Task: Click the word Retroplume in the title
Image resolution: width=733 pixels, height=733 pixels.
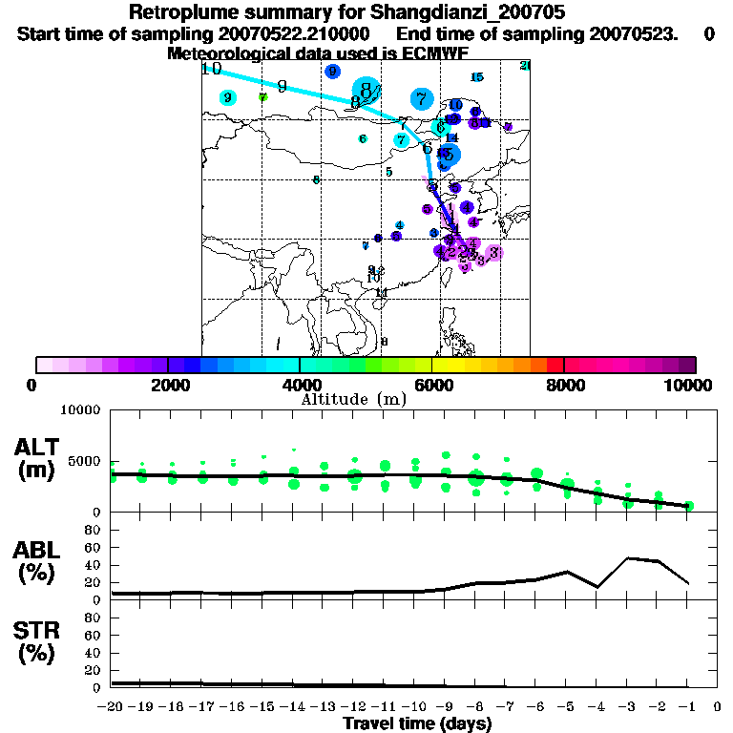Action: click(178, 12)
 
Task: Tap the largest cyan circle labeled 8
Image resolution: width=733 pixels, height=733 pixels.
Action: click(366, 91)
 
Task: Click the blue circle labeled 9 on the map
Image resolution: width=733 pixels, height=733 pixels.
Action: click(332, 72)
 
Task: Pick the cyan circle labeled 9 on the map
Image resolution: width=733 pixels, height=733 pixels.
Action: click(227, 97)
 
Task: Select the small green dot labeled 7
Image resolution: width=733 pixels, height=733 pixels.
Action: click(263, 96)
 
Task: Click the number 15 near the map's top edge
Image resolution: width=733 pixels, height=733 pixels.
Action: click(477, 77)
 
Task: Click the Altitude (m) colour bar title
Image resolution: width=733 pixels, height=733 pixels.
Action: click(354, 398)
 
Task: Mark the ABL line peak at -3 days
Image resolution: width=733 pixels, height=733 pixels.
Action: click(628, 557)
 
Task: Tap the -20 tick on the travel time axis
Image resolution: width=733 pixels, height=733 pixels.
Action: click(112, 707)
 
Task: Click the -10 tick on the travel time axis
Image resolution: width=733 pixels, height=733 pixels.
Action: click(415, 707)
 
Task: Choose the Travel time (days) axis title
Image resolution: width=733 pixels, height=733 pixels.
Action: click(417, 724)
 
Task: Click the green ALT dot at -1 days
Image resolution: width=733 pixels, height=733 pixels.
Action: click(689, 506)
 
